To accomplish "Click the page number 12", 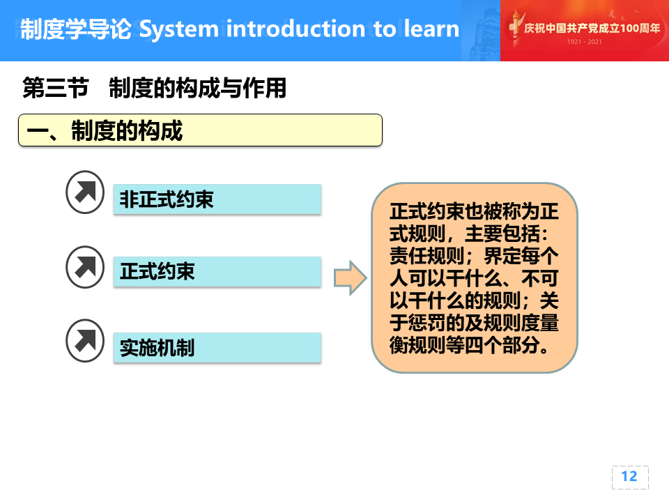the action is click(x=629, y=476).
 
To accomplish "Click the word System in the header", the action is click(x=179, y=30).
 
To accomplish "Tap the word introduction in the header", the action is click(x=295, y=29).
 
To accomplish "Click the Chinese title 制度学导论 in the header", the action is click(x=76, y=29).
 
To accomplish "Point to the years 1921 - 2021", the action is click(x=585, y=41).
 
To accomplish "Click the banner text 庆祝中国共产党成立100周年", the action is click(x=592, y=28).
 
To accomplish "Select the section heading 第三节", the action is click(x=56, y=88).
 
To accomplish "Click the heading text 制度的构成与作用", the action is click(x=197, y=88).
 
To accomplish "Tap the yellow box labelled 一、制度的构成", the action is click(x=200, y=130).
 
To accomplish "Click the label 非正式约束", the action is click(x=166, y=199).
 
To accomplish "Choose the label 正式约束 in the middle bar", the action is click(x=157, y=271).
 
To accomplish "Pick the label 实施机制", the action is click(x=157, y=347).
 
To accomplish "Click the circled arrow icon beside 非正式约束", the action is click(x=85, y=192).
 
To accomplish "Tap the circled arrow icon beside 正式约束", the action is click(x=85, y=267).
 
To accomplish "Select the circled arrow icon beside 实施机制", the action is click(x=85, y=341).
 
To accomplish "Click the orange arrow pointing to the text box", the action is click(x=350, y=278).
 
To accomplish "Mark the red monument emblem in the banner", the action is click(x=515, y=28).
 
